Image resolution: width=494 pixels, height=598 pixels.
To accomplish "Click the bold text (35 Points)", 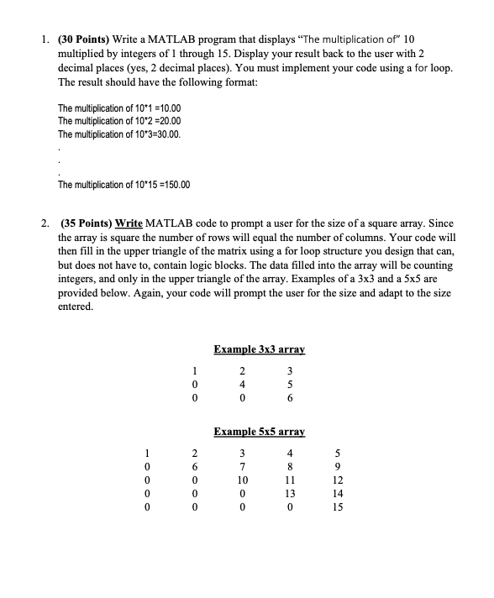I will point(88,223).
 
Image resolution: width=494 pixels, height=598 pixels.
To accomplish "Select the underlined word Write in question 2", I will point(129,223).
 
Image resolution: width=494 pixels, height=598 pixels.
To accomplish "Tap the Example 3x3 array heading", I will point(258,349).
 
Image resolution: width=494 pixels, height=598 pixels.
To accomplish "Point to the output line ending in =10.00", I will point(118,109).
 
